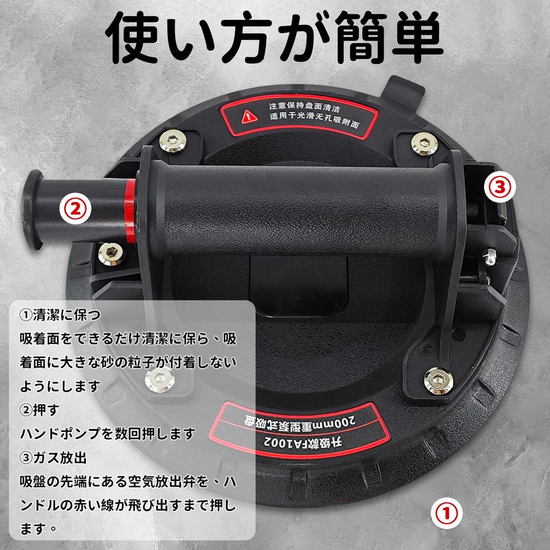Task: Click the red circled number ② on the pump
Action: click(75, 208)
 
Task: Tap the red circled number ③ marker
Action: click(500, 186)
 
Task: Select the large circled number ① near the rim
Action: click(446, 513)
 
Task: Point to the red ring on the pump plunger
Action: click(130, 211)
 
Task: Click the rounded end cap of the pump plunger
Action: click(32, 209)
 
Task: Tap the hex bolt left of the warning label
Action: click(172, 141)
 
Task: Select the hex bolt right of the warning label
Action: click(424, 143)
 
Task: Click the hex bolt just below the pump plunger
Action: click(112, 254)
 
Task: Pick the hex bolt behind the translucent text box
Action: click(160, 380)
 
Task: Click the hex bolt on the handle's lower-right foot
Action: click(438, 381)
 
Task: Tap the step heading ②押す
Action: click(40, 410)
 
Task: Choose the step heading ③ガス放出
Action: click(53, 458)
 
